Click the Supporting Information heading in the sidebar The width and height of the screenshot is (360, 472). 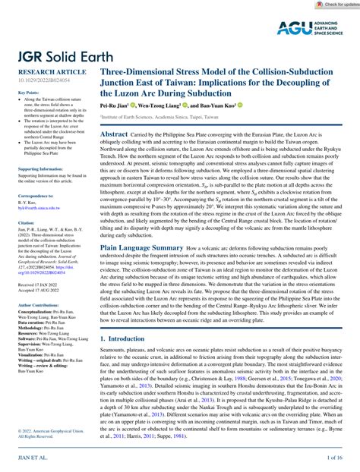click(x=36, y=169)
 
